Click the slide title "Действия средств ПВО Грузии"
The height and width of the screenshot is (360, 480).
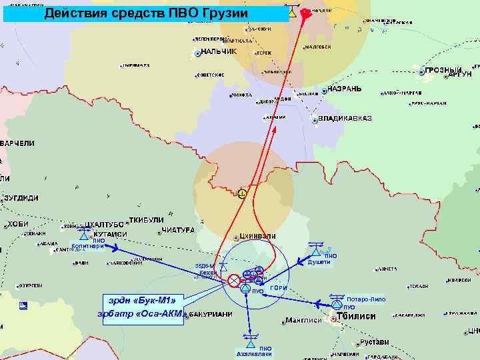pyautogui.click(x=146, y=14)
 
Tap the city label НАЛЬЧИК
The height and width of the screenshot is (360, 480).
pyautogui.click(x=219, y=52)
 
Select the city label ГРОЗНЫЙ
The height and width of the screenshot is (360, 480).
pyautogui.click(x=444, y=71)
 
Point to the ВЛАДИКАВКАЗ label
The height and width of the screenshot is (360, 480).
pyautogui.click(x=345, y=119)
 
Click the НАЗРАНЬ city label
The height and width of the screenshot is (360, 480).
pyautogui.click(x=345, y=89)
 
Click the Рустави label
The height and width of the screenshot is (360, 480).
pyautogui.click(x=374, y=342)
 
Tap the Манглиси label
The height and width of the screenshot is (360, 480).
pyautogui.click(x=303, y=320)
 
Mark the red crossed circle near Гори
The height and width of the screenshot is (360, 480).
pyautogui.click(x=234, y=281)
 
